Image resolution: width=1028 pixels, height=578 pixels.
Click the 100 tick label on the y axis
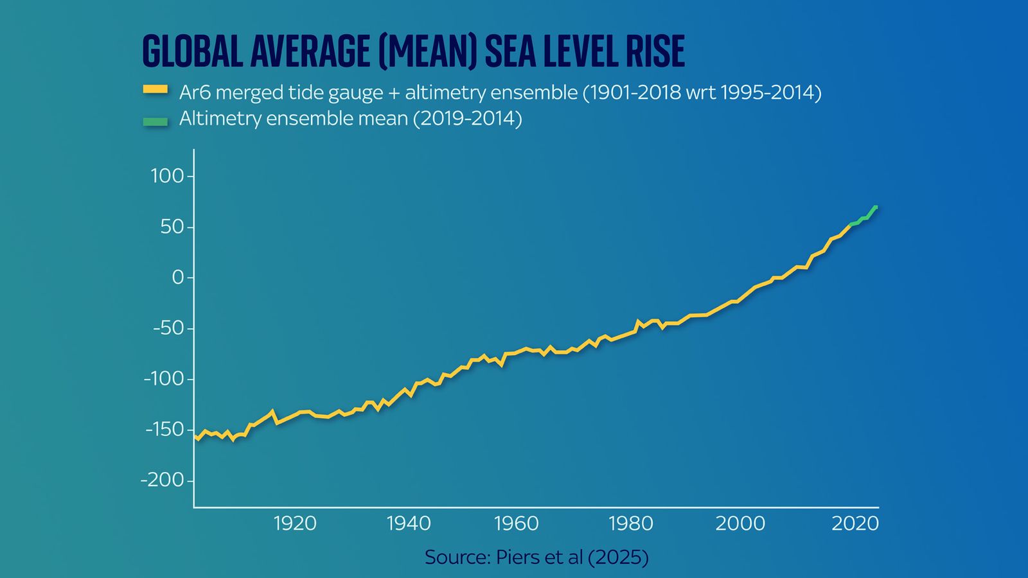coord(167,176)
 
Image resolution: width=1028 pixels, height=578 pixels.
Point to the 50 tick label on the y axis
coord(172,227)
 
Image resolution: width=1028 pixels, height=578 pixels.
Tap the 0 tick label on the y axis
coord(178,277)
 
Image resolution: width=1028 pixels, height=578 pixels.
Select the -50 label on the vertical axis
coord(168,328)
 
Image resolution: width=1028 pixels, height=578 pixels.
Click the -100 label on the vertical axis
coord(163,379)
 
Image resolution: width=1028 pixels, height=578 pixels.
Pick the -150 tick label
coord(164,429)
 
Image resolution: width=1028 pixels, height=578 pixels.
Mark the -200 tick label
coord(162,480)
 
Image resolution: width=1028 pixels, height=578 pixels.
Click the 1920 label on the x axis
coord(295,523)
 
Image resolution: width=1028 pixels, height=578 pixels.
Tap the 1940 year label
coord(409,523)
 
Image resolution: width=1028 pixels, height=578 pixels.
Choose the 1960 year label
coord(516,523)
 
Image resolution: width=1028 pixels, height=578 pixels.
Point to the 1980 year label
coord(630,523)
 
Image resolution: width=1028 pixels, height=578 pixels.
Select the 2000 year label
coord(740,523)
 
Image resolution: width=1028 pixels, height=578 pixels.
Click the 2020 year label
coord(855,523)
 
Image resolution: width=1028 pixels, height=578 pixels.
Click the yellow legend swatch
coord(155,91)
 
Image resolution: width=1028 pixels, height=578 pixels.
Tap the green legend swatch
coord(155,121)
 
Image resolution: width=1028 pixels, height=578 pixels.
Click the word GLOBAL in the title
coord(192,51)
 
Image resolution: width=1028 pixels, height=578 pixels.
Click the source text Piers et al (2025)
coord(572,557)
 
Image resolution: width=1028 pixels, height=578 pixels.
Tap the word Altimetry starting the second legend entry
coord(217,119)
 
